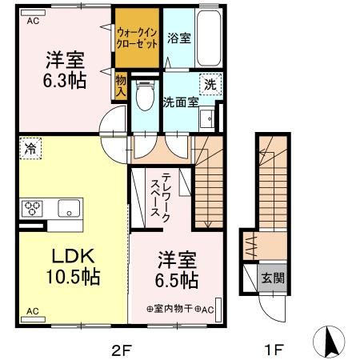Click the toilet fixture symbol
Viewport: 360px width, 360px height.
145,97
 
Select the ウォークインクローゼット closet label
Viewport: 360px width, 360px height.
136,38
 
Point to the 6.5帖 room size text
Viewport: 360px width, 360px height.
177,281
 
